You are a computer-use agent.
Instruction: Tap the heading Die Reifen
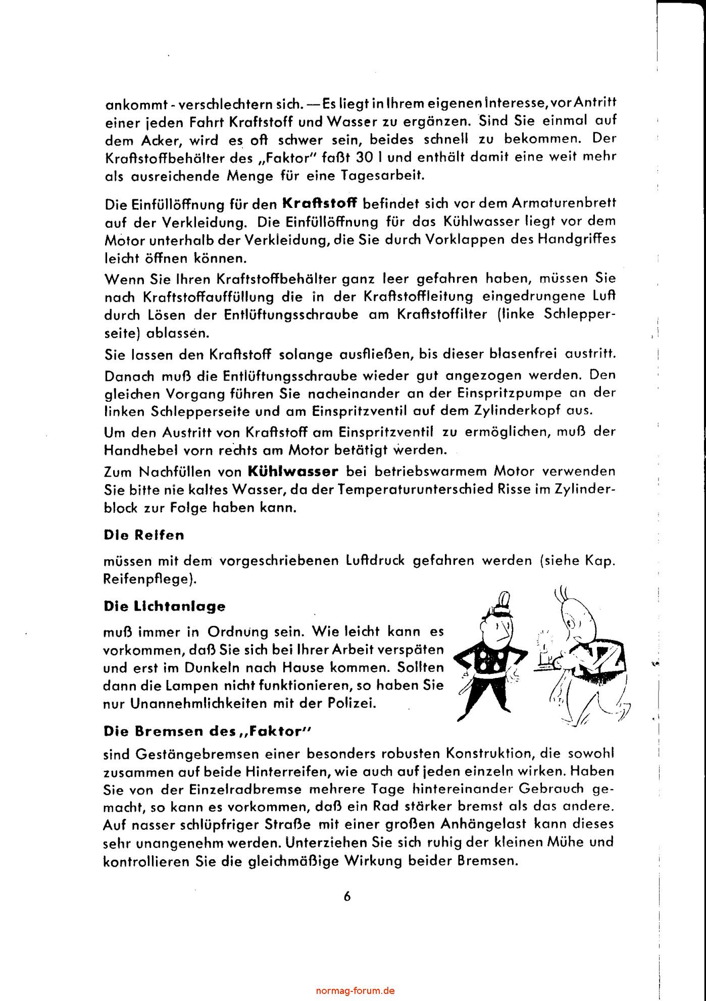pos(143,535)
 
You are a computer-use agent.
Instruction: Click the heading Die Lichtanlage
pos(164,606)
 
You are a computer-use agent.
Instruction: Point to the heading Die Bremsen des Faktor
pos(202,731)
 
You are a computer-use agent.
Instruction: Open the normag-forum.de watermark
pos(355,990)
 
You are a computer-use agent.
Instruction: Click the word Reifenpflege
pos(147,580)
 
